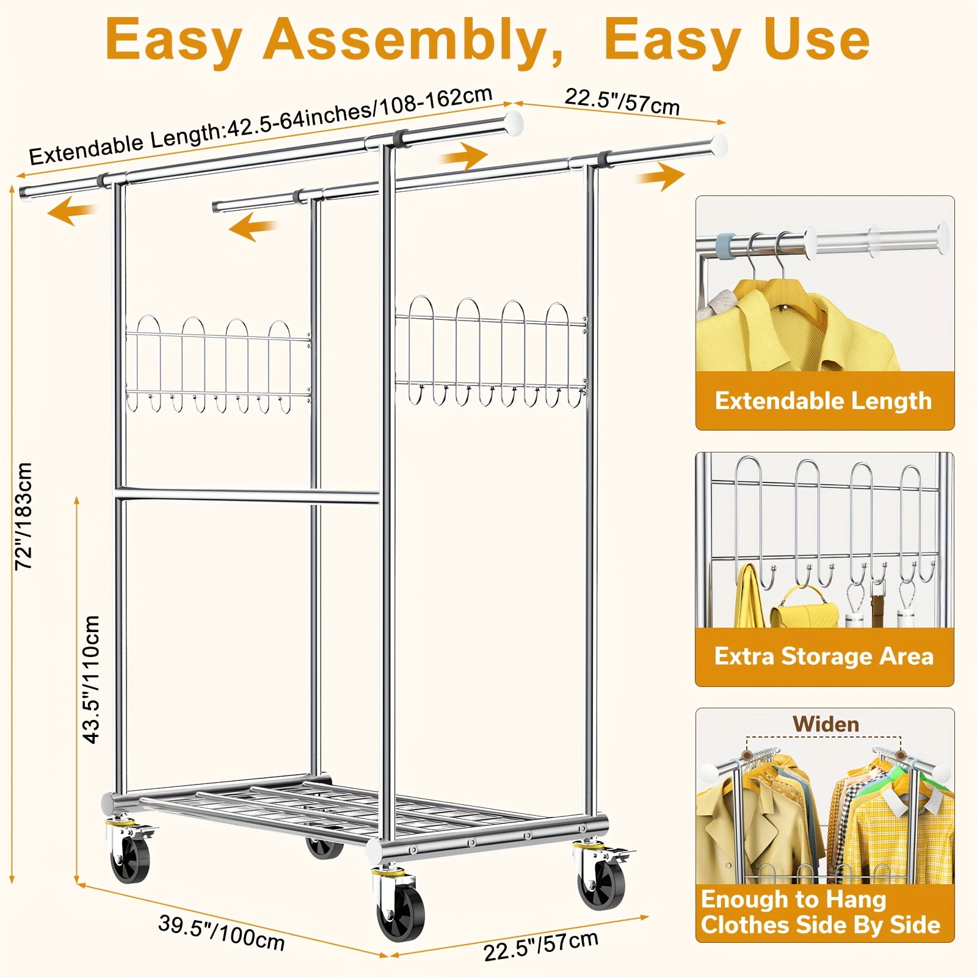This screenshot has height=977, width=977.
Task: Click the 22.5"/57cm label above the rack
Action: tap(622, 101)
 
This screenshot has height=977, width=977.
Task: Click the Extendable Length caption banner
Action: tap(823, 401)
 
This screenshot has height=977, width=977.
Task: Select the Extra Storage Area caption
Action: tap(824, 656)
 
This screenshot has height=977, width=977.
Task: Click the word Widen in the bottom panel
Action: tap(826, 724)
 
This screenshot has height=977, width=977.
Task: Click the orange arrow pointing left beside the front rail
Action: tap(72, 212)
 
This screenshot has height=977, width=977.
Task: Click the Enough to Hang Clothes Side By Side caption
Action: tap(820, 912)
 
